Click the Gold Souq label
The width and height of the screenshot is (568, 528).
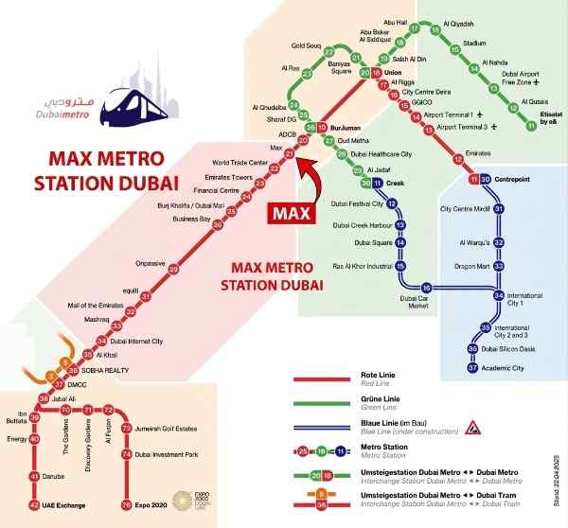click(x=309, y=44)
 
